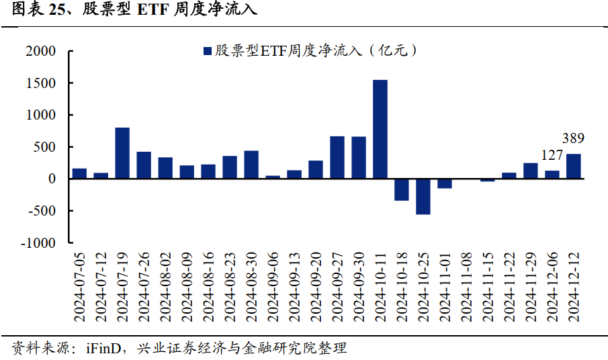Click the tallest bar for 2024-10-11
[x=380, y=129]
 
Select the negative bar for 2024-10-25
[x=423, y=196]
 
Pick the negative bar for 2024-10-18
[x=401, y=189]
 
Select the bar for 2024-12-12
[x=573, y=166]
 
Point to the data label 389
[x=573, y=139]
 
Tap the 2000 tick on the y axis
[x=42, y=52]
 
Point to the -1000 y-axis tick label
[x=39, y=243]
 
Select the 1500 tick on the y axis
[x=42, y=83]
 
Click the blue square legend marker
[x=207, y=51]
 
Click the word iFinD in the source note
[x=103, y=349]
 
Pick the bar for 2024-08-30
[x=251, y=165]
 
